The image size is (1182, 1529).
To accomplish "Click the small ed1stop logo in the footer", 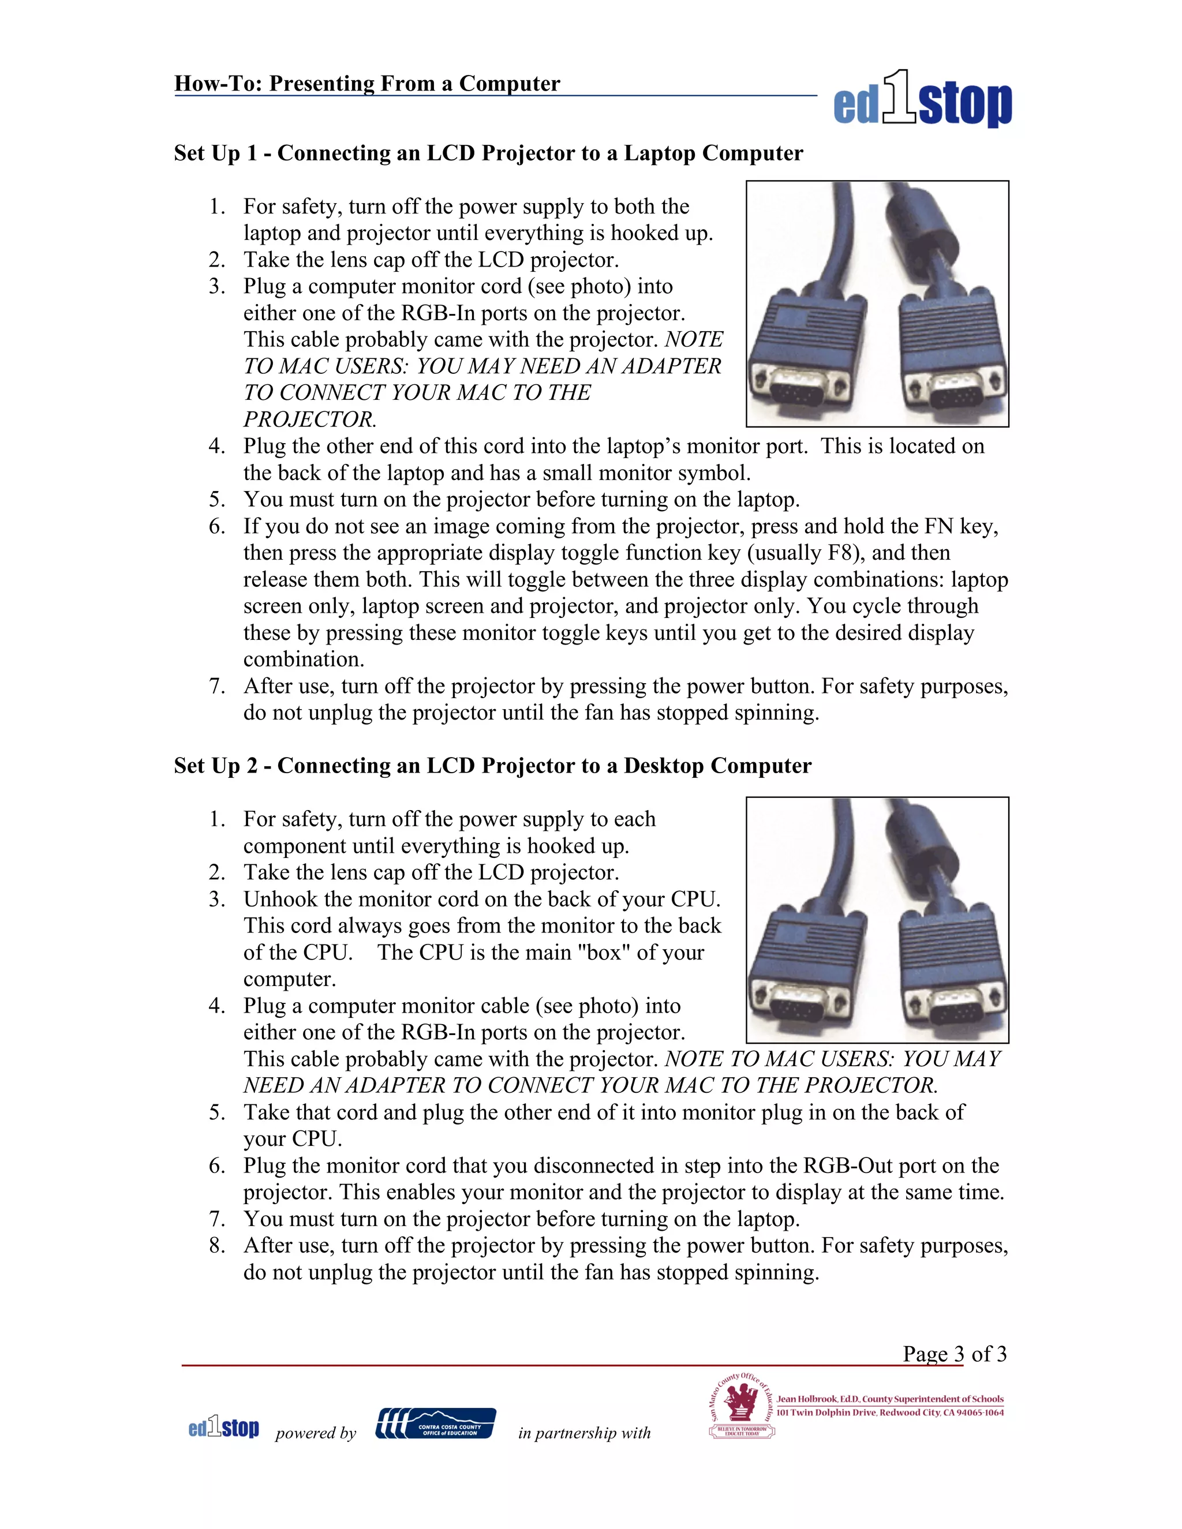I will tap(223, 1427).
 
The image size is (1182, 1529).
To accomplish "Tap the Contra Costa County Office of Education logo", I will tap(436, 1423).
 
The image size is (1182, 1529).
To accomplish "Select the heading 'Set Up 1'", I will tap(488, 153).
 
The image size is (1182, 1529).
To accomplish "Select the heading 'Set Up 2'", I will tap(492, 766).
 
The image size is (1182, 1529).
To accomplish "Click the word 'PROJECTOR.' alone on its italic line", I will tap(309, 419).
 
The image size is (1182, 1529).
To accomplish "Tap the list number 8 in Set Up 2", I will tap(216, 1246).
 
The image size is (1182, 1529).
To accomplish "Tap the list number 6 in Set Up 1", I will tap(216, 526).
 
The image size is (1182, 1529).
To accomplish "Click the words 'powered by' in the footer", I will tap(316, 1433).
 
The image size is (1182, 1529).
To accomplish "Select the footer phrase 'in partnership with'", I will tap(584, 1433).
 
